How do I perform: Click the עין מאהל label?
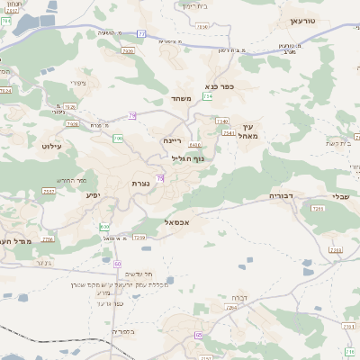(250, 130)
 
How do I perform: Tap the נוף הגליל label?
(188, 158)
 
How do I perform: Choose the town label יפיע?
(93, 194)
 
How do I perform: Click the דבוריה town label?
(282, 194)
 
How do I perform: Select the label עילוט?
(50, 144)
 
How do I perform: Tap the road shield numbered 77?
(141, 34)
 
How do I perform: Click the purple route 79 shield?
(132, 115)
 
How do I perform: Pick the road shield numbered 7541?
(229, 133)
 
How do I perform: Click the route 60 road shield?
(117, 263)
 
